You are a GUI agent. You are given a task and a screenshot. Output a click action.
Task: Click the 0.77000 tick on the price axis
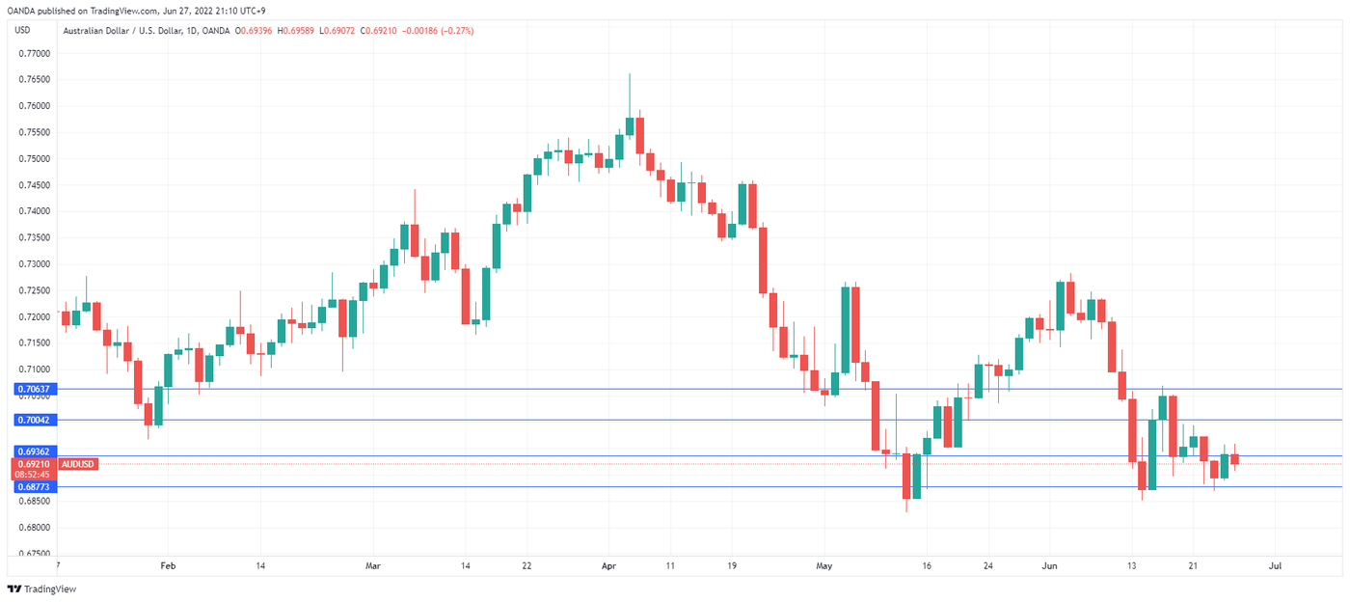coord(34,53)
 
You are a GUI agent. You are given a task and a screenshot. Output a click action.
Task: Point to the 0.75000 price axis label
coord(34,158)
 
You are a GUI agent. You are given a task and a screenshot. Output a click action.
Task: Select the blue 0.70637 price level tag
coord(34,389)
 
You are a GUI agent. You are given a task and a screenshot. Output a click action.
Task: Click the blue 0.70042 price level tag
coord(34,420)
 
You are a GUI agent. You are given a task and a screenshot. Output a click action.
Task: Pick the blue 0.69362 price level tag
coord(34,451)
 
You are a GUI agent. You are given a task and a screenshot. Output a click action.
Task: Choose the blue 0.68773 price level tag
coord(34,487)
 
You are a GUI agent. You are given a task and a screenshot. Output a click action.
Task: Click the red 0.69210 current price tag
coord(34,464)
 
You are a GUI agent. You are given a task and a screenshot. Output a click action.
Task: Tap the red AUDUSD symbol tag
coord(77,464)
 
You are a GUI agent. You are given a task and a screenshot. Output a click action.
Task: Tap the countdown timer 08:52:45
coord(34,475)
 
